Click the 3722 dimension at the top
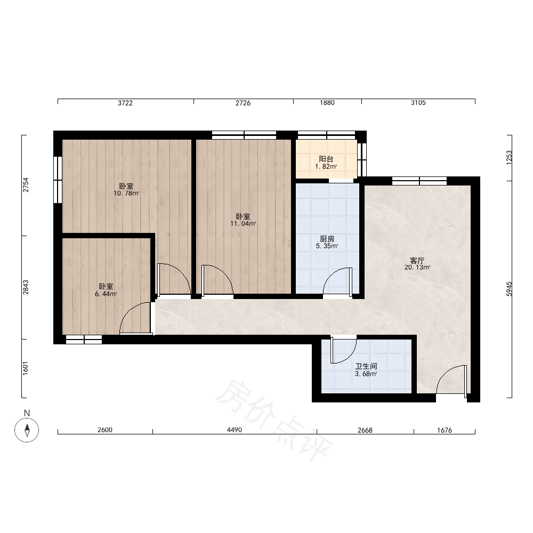click(125, 103)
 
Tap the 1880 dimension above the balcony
click(327, 103)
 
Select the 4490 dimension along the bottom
click(234, 430)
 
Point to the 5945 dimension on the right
click(509, 289)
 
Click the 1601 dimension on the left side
click(26, 368)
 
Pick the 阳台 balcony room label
click(326, 159)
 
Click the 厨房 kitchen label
click(327, 239)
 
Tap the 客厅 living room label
click(417, 261)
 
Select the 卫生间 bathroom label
click(366, 367)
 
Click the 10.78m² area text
click(126, 193)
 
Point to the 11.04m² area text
click(243, 224)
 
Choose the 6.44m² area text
click(106, 294)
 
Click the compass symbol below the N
click(27, 430)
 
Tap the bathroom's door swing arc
click(350, 356)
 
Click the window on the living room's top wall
click(419, 181)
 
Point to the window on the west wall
click(58, 180)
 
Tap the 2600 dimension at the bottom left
click(104, 430)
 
